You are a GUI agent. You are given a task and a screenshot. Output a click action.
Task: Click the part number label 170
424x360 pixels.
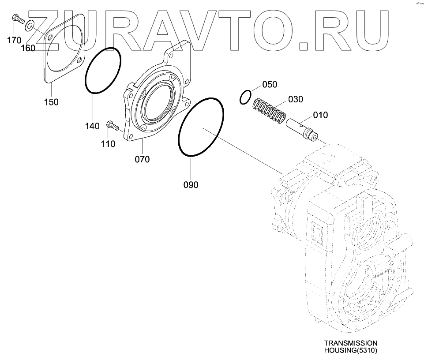tap(14, 40)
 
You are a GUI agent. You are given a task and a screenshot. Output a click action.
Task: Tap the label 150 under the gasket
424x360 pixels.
tap(51, 102)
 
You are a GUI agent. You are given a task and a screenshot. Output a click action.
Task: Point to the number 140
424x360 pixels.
tap(92, 127)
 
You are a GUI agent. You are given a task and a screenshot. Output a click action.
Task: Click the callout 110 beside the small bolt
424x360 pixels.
tap(108, 143)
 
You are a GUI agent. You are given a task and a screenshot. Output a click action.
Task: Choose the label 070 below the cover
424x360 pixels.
tap(142, 159)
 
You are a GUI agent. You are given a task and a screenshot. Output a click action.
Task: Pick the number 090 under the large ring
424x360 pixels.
tap(191, 184)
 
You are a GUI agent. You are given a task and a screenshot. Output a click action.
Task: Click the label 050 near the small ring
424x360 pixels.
tap(270, 85)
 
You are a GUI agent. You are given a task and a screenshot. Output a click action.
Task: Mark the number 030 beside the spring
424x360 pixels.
tap(296, 99)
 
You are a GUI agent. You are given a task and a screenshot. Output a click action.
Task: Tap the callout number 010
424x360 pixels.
tap(320, 115)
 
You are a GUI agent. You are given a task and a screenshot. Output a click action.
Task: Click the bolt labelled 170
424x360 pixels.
tap(16, 19)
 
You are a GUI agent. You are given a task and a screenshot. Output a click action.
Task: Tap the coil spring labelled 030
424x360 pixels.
tap(269, 111)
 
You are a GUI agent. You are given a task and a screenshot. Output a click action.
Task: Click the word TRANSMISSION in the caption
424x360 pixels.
tap(351, 343)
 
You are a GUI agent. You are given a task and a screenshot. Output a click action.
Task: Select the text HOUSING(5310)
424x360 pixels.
tap(351, 351)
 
